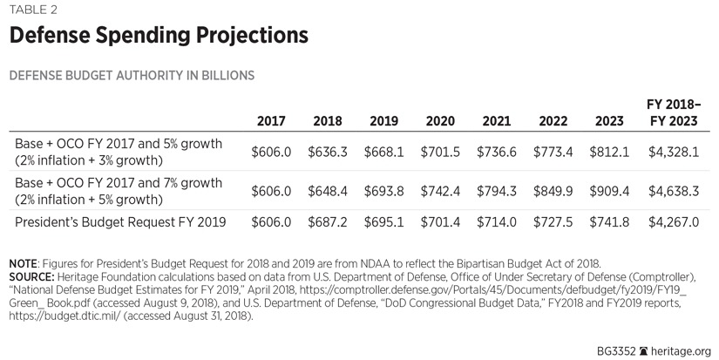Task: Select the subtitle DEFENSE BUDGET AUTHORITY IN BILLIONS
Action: [x=132, y=76]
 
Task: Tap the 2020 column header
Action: [x=440, y=121]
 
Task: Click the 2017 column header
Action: [x=271, y=121]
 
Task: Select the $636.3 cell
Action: [x=328, y=152]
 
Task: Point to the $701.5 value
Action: [x=440, y=152]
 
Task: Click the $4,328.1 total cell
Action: [x=674, y=152]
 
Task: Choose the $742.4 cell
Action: [x=440, y=191]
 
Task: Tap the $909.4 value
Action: [x=609, y=191]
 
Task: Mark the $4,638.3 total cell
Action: [x=674, y=191]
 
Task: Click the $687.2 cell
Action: [x=328, y=222]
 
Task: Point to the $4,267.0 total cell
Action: [x=674, y=222]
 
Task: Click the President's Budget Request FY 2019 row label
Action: [x=120, y=222]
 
